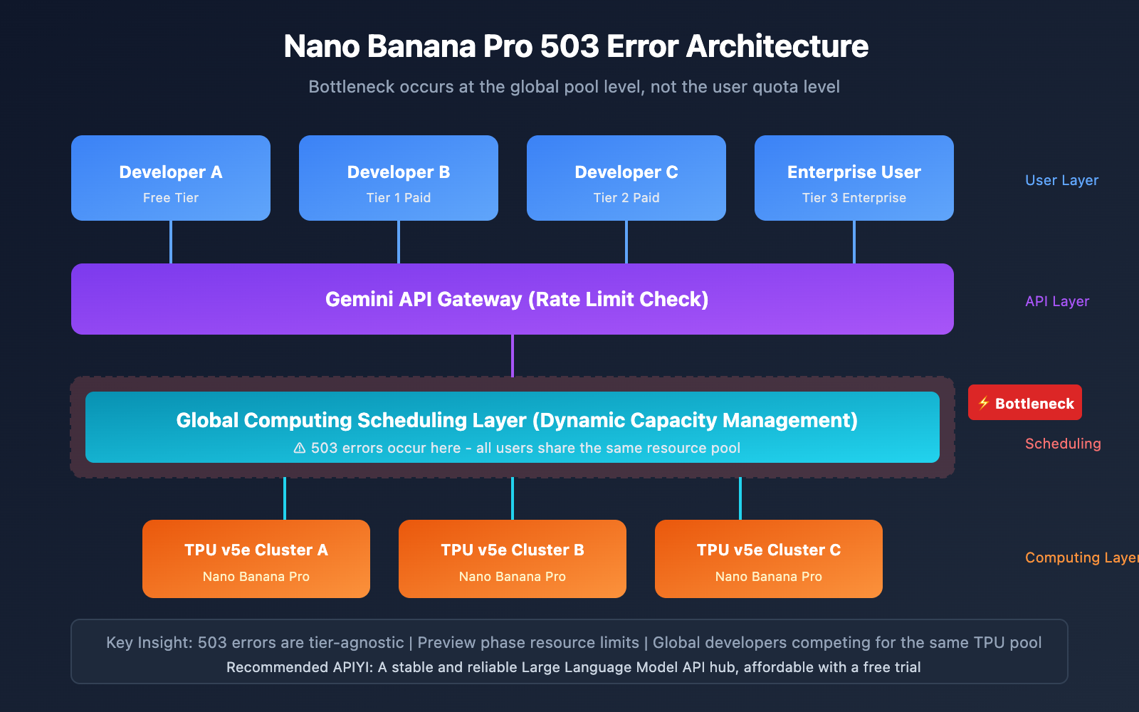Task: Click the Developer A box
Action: (171, 178)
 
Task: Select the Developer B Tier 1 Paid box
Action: (399, 178)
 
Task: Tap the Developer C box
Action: (626, 178)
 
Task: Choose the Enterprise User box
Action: (854, 178)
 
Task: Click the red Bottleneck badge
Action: (1025, 403)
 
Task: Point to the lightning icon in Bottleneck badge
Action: (984, 403)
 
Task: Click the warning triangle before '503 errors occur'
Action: (300, 448)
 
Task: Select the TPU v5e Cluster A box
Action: (256, 559)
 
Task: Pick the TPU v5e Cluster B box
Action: (513, 559)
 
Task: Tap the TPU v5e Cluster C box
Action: (769, 559)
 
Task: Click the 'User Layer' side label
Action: (1061, 180)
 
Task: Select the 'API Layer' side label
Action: (1057, 301)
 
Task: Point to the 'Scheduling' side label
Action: (1063, 444)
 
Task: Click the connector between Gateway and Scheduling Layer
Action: (513, 356)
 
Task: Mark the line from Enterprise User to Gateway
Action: (854, 242)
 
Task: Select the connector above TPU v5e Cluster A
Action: (285, 498)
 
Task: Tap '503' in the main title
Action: (569, 46)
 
